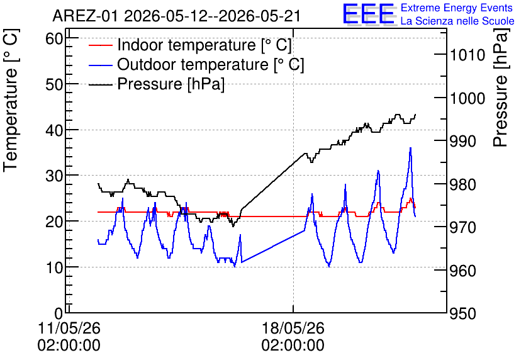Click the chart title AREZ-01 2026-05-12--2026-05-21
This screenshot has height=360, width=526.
tap(176, 16)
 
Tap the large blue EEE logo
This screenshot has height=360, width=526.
tap(369, 14)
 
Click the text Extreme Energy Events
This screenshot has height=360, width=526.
tap(457, 8)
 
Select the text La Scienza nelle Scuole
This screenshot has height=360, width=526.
tap(457, 21)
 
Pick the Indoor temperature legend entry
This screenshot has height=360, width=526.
tap(190, 45)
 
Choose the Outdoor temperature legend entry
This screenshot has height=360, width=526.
tap(196, 64)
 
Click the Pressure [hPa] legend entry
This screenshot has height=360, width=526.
tap(157, 84)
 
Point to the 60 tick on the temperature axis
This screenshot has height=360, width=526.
tap(54, 38)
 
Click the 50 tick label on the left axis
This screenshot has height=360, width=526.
tap(54, 84)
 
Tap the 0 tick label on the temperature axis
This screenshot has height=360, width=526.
tap(59, 313)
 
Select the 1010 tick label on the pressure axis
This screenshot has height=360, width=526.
tap(467, 55)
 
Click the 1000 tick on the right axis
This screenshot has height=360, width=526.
tap(467, 98)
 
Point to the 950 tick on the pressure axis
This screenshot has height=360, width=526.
tap(463, 314)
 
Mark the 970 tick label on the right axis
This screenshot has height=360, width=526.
tap(463, 228)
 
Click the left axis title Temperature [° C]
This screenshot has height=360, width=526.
tap(11, 101)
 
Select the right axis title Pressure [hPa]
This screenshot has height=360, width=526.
tap(500, 87)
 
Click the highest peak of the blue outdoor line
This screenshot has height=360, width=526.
tap(410, 148)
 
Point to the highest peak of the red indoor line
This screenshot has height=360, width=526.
tap(411, 199)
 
